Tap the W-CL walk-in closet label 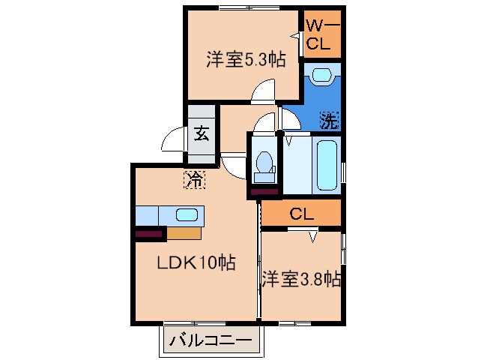click(x=321, y=34)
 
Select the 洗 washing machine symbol click(x=330, y=119)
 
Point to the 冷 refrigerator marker click(x=195, y=179)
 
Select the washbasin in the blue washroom click(x=322, y=76)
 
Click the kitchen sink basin click(x=187, y=215)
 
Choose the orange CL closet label click(x=301, y=214)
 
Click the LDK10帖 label click(x=196, y=263)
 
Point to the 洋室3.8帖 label click(x=302, y=280)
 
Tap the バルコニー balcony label click(x=212, y=339)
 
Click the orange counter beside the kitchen click(x=184, y=232)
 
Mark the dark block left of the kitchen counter click(x=150, y=234)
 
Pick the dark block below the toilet click(x=264, y=192)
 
